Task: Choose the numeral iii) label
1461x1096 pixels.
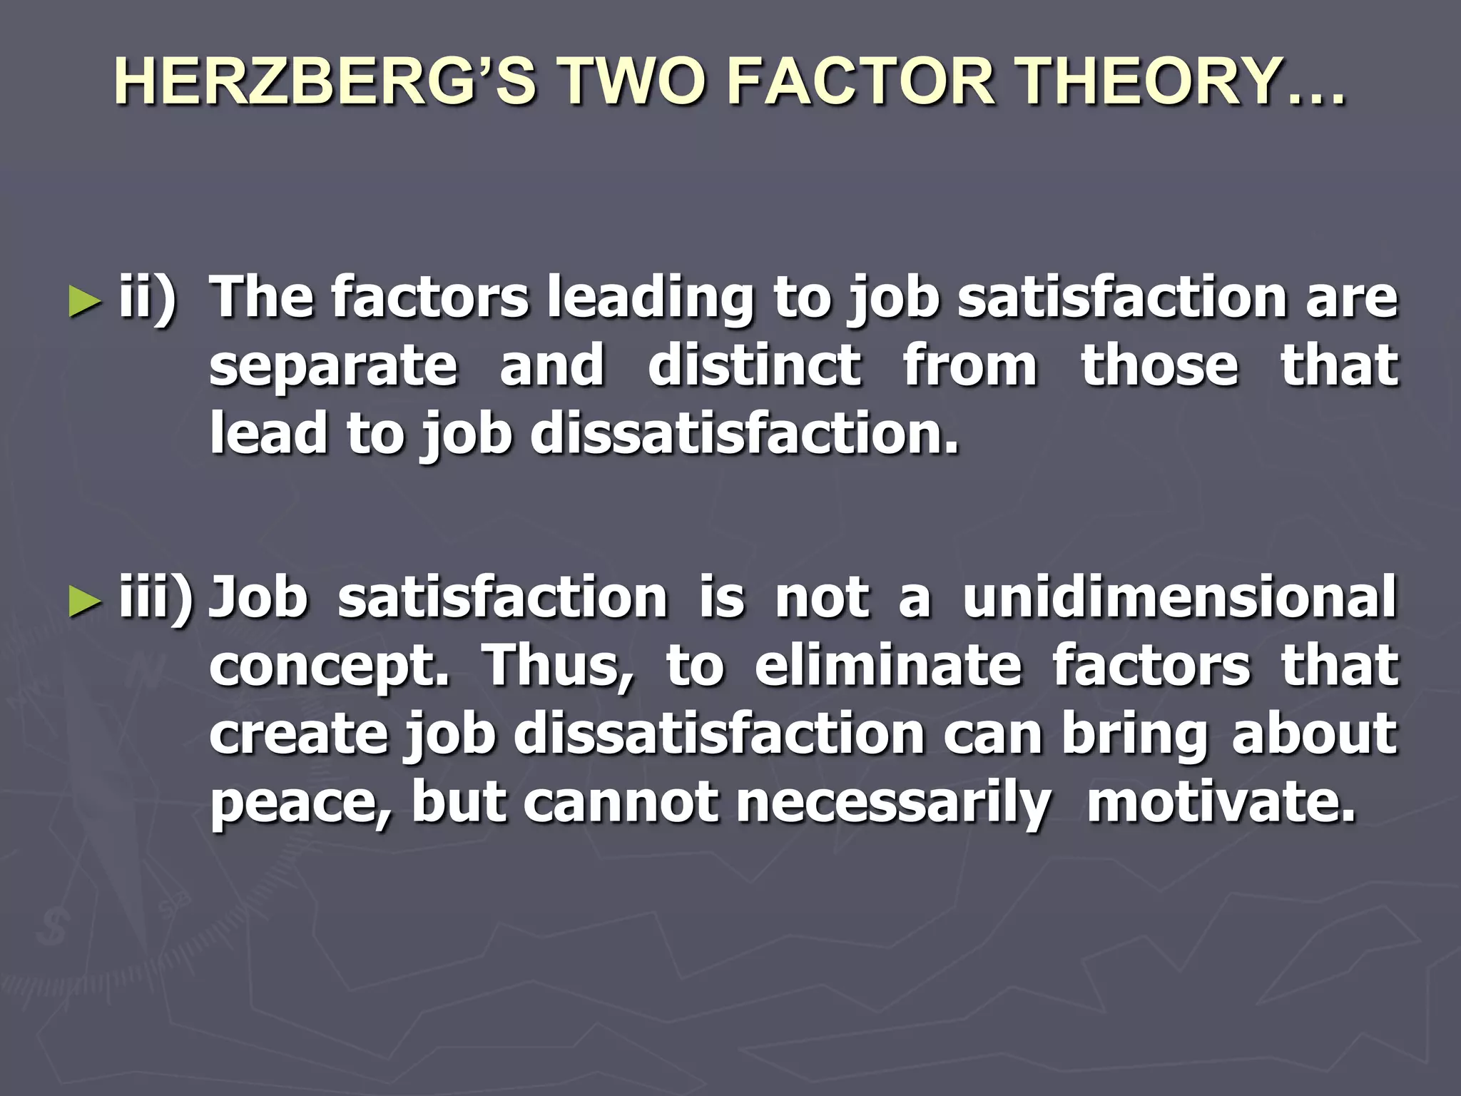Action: click(x=156, y=598)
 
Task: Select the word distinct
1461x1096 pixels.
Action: click(x=755, y=365)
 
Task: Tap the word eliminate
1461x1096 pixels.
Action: click(x=888, y=665)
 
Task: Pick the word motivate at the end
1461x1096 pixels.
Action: click(x=1220, y=802)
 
